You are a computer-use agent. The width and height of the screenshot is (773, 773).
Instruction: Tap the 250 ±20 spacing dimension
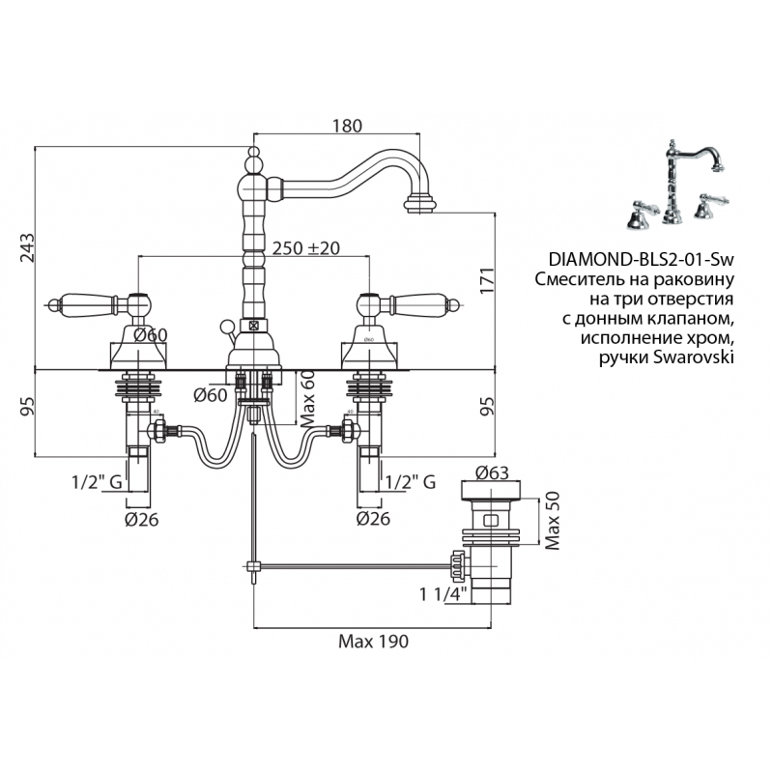coord(306,247)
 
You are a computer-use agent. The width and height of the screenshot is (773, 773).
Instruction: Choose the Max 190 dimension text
coord(373,640)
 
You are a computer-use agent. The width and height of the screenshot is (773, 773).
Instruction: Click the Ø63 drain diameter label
coord(494,473)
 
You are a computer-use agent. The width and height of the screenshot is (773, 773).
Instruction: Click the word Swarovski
coord(693,358)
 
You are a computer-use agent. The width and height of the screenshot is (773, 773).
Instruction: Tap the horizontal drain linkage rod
coord(348,565)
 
